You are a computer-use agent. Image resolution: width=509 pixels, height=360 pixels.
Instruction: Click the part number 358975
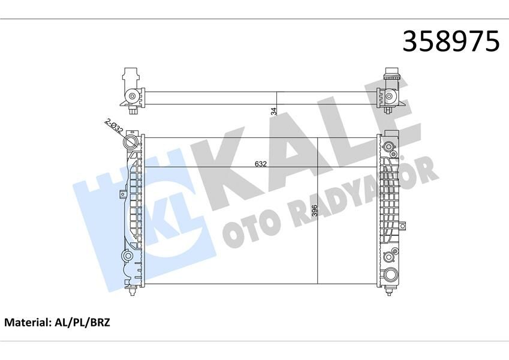point(450,41)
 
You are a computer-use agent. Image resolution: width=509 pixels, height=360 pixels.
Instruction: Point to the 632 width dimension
point(260,163)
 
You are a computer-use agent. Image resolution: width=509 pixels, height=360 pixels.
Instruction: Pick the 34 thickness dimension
point(273,111)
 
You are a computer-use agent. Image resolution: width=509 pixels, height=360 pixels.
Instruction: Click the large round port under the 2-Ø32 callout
point(131,144)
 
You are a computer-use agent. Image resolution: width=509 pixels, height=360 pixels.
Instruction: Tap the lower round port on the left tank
point(128,256)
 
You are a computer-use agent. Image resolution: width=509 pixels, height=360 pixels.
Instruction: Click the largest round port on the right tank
point(391,275)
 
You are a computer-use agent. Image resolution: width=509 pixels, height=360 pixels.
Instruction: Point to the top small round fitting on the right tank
point(390,147)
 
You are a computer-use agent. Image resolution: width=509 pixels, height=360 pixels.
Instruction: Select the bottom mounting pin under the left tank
point(131,294)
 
